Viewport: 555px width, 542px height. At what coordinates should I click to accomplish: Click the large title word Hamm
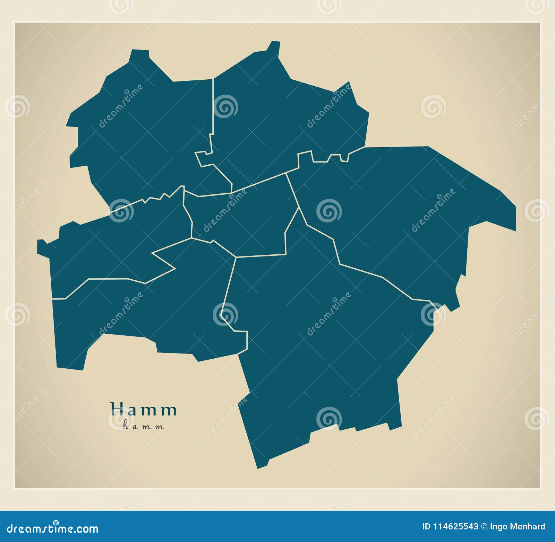coord(144,410)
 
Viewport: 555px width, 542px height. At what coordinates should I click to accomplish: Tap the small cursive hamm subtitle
coord(143,426)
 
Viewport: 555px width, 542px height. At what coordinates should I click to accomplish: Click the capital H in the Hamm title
coord(117,409)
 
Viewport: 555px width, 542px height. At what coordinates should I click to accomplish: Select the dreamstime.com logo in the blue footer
coord(53,528)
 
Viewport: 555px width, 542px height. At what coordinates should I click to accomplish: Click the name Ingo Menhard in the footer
coord(518,527)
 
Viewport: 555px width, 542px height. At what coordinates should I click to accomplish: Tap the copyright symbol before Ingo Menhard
coord(484,527)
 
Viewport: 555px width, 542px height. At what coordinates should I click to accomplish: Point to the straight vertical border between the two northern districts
coord(213,104)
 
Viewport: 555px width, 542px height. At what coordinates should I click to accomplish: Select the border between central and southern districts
coord(260,256)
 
